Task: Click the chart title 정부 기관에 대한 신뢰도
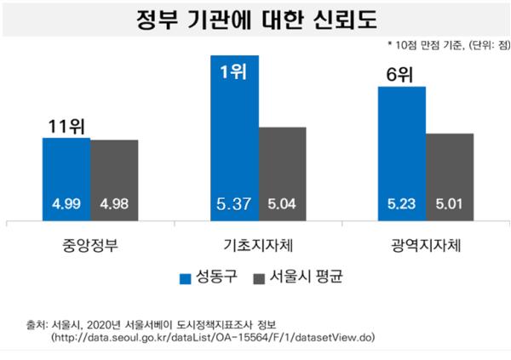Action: (256, 19)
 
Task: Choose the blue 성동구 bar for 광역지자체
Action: (401, 145)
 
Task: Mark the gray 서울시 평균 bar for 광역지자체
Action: (449, 170)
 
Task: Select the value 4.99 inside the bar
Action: (66, 205)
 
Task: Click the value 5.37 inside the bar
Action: (233, 205)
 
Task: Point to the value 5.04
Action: (281, 205)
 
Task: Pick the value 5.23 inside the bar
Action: (401, 205)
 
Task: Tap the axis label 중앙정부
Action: (89, 246)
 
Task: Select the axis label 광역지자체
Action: (424, 246)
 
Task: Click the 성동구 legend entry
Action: (208, 277)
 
